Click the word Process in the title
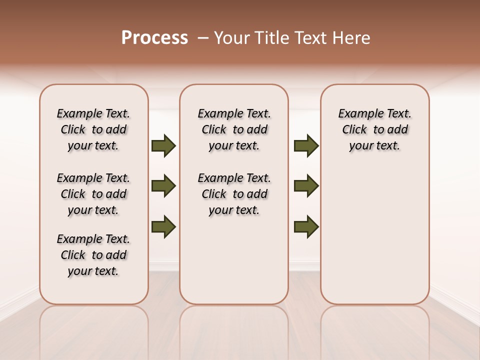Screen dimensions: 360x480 (x=154, y=38)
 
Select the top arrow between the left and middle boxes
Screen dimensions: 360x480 (x=163, y=145)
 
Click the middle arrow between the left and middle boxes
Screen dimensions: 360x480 (x=163, y=186)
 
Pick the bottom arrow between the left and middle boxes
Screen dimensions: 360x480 (x=163, y=226)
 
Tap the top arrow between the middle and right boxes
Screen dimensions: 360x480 (x=306, y=145)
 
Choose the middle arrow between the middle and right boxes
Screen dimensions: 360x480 (x=306, y=186)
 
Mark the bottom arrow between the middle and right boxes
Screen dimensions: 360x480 (x=306, y=226)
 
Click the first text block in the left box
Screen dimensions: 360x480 (x=93, y=129)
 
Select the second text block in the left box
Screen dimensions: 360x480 (x=93, y=194)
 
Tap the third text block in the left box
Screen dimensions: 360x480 (x=93, y=255)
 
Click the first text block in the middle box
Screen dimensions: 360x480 (x=234, y=129)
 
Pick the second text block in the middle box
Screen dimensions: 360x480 (x=234, y=194)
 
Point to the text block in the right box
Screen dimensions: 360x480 (x=375, y=129)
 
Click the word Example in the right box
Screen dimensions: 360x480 (x=357, y=114)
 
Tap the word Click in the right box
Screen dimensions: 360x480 (x=354, y=130)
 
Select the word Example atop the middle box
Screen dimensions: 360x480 (x=217, y=114)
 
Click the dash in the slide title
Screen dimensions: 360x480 (x=203, y=38)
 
